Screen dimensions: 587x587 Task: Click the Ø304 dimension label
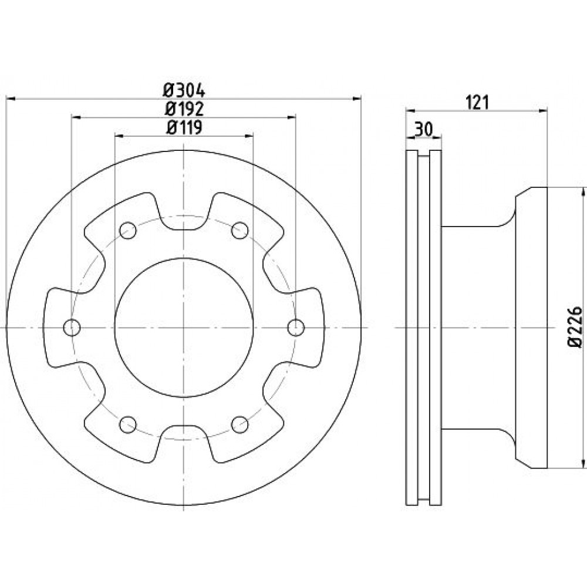184,90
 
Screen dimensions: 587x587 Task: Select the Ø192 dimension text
184,109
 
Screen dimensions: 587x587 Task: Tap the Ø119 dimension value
184,127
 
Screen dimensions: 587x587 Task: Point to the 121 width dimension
477,103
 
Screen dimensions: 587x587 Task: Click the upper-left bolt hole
127,230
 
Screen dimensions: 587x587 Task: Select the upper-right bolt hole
239,230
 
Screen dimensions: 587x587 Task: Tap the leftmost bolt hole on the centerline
72,328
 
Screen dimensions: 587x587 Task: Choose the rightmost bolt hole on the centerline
296,328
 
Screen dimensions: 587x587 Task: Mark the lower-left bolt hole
127,424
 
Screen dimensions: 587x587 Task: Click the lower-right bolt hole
239,424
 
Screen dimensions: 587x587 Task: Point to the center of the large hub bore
184,328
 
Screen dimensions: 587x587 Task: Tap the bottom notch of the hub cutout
184,442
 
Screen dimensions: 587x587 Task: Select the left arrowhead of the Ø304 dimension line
11,99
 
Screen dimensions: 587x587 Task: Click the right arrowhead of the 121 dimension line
543,110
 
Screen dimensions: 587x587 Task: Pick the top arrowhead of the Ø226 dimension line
583,191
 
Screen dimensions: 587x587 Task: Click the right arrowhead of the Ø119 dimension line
249,136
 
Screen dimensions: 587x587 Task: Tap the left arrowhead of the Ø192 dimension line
76,117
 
